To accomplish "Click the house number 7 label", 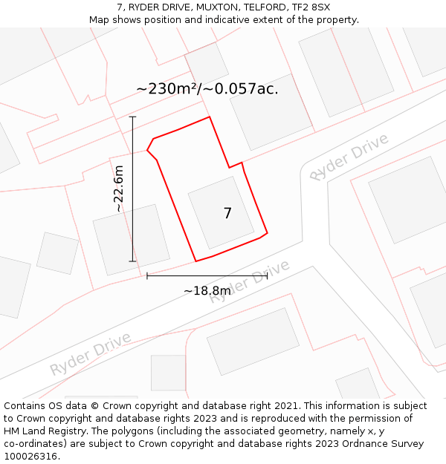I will [227, 213].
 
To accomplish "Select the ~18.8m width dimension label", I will [207, 290].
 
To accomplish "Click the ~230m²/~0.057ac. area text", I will [207, 88].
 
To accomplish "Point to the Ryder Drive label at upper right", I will [349, 157].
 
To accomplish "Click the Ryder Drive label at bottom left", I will [91, 354].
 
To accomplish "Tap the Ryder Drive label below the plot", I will [248, 282].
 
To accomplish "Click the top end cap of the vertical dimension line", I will [133, 117].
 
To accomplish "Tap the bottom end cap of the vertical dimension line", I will [133, 261].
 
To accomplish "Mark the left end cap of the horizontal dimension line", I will [147, 275].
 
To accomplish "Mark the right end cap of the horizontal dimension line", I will [267, 275].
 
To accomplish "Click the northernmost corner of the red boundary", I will [210, 117].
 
